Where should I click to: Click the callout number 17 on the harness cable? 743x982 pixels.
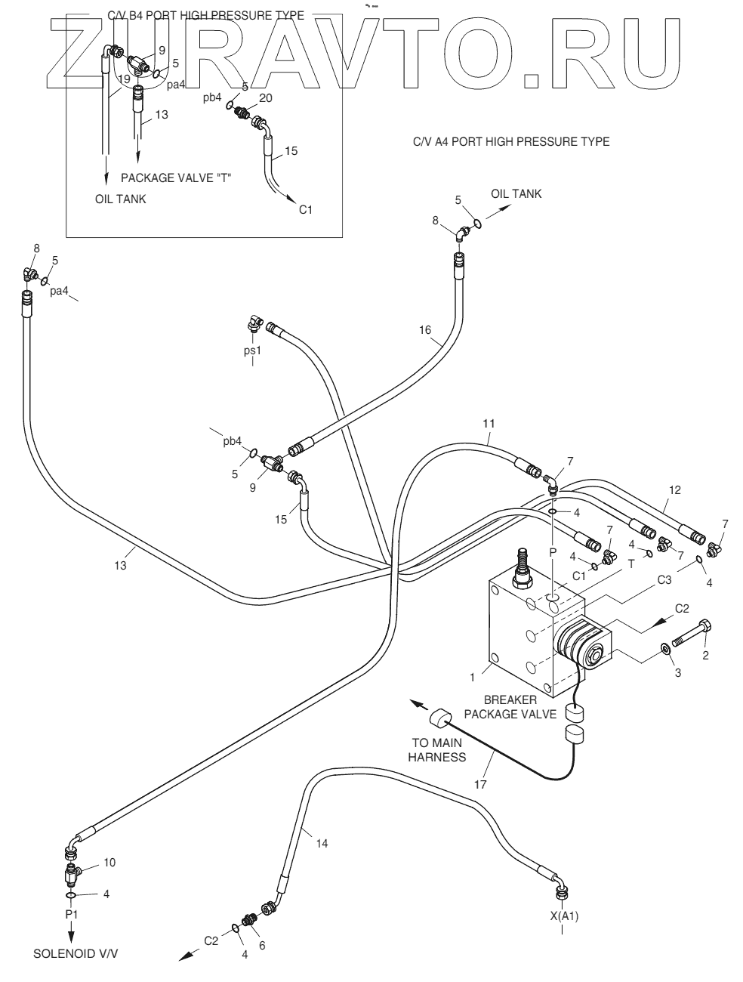pos(480,784)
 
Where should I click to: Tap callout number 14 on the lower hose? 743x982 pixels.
pos(322,843)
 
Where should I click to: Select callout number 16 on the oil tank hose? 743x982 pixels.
pos(425,329)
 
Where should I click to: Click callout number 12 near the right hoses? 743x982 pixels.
pos(674,490)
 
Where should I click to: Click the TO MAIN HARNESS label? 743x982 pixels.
pos(437,749)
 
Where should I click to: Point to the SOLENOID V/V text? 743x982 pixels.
pos(76,953)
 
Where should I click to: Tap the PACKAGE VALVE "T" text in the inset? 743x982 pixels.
pos(176,178)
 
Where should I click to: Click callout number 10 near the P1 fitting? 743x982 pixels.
pos(109,862)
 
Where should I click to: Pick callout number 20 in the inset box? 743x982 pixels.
pos(266,98)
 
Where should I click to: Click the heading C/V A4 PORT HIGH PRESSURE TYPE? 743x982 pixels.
pos(511,141)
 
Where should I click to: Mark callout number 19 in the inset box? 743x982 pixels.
pos(124,79)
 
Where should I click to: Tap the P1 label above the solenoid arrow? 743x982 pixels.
pos(71,914)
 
